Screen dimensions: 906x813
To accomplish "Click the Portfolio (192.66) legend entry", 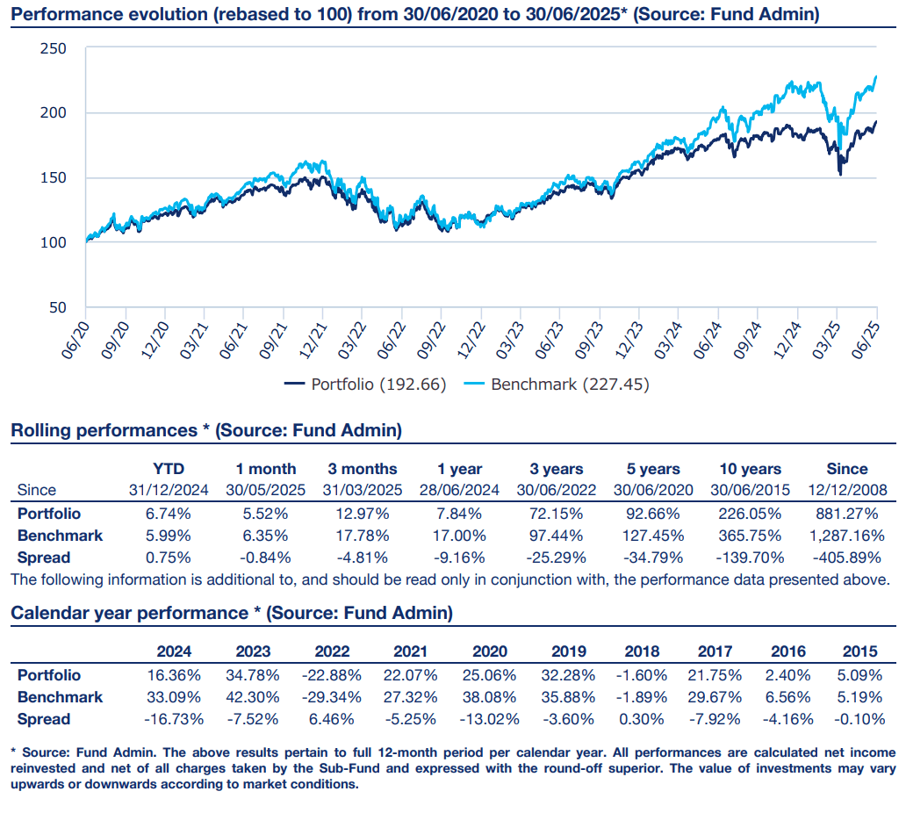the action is (366, 385).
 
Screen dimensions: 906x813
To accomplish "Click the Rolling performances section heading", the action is (206, 431).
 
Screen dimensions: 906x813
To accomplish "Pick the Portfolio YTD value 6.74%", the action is (168, 514).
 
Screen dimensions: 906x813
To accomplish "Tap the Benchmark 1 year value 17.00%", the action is (461, 536).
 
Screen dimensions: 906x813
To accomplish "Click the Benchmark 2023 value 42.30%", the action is (253, 697).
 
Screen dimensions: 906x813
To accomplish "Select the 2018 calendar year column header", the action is (642, 651).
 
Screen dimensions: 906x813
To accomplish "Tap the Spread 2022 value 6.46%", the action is (331, 719).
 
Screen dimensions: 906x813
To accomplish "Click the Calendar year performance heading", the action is (232, 613).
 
